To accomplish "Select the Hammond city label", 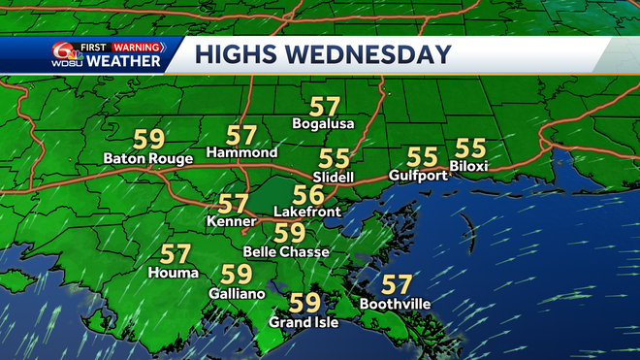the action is pyautogui.click(x=242, y=153).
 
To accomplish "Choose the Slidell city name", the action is pyautogui.click(x=334, y=178).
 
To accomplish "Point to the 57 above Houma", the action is pyautogui.click(x=176, y=255).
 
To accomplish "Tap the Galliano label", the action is pyautogui.click(x=234, y=292).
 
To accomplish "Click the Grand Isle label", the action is pyautogui.click(x=304, y=322).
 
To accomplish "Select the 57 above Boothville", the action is pyautogui.click(x=396, y=285).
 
